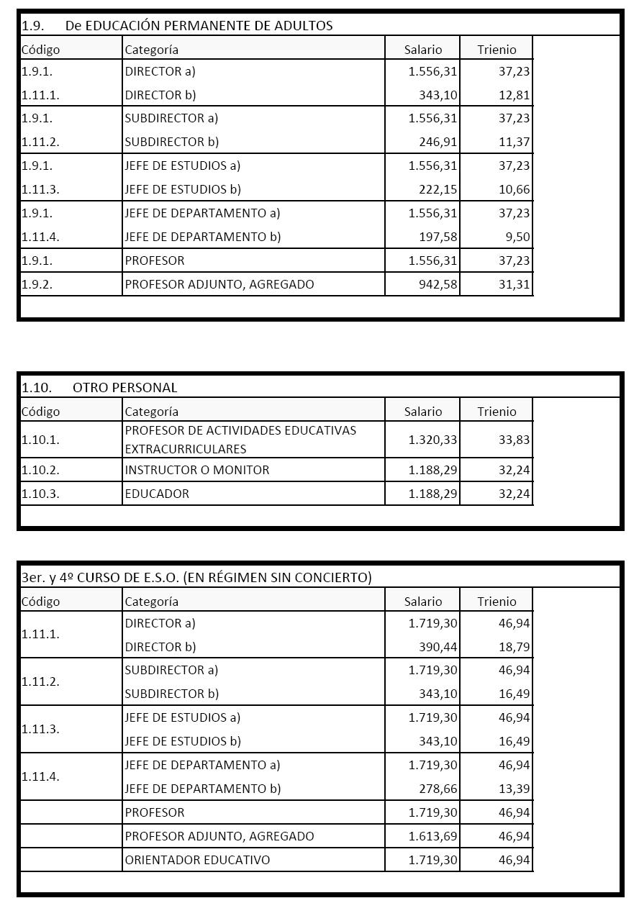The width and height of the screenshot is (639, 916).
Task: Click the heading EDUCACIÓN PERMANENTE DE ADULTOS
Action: (x=198, y=26)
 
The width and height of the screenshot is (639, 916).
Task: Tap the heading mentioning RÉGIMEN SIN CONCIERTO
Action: (x=196, y=578)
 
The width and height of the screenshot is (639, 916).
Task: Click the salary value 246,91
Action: (x=438, y=142)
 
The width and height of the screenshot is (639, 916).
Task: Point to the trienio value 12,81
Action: (x=514, y=95)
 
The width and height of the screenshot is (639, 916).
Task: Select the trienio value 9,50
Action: (x=517, y=237)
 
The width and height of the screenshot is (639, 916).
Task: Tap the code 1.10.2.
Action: (x=40, y=471)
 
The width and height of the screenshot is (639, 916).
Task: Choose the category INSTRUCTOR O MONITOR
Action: (x=197, y=471)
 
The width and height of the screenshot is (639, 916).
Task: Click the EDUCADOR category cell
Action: (x=157, y=494)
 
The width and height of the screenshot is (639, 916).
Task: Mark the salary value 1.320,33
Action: (x=432, y=440)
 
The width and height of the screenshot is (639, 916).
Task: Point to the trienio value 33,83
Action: (x=514, y=440)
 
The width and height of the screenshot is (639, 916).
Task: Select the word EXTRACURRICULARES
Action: (x=186, y=449)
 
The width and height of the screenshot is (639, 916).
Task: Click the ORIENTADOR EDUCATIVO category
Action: (x=197, y=861)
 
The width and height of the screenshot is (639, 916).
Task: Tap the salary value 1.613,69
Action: (x=432, y=837)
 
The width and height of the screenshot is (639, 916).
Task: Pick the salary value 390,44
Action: (x=438, y=647)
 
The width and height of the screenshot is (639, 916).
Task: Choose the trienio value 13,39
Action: (x=514, y=789)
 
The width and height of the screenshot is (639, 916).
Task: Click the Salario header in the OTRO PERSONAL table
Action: (x=423, y=412)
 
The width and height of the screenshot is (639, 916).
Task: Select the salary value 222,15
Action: (x=438, y=190)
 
